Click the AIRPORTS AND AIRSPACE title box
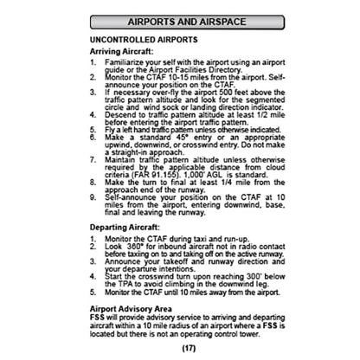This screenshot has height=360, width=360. tap(180, 18)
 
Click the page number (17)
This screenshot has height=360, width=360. tap(179, 348)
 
